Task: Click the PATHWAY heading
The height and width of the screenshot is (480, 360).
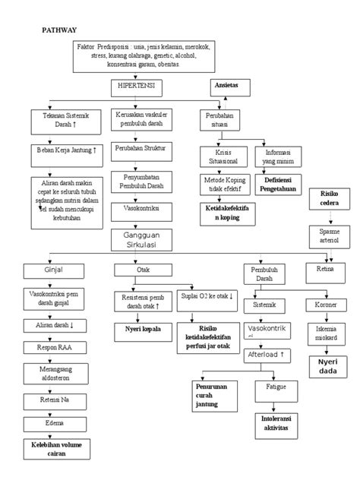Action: click(58, 30)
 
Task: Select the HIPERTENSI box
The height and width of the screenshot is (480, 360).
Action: click(137, 88)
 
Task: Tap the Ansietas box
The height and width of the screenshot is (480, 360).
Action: click(227, 87)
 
